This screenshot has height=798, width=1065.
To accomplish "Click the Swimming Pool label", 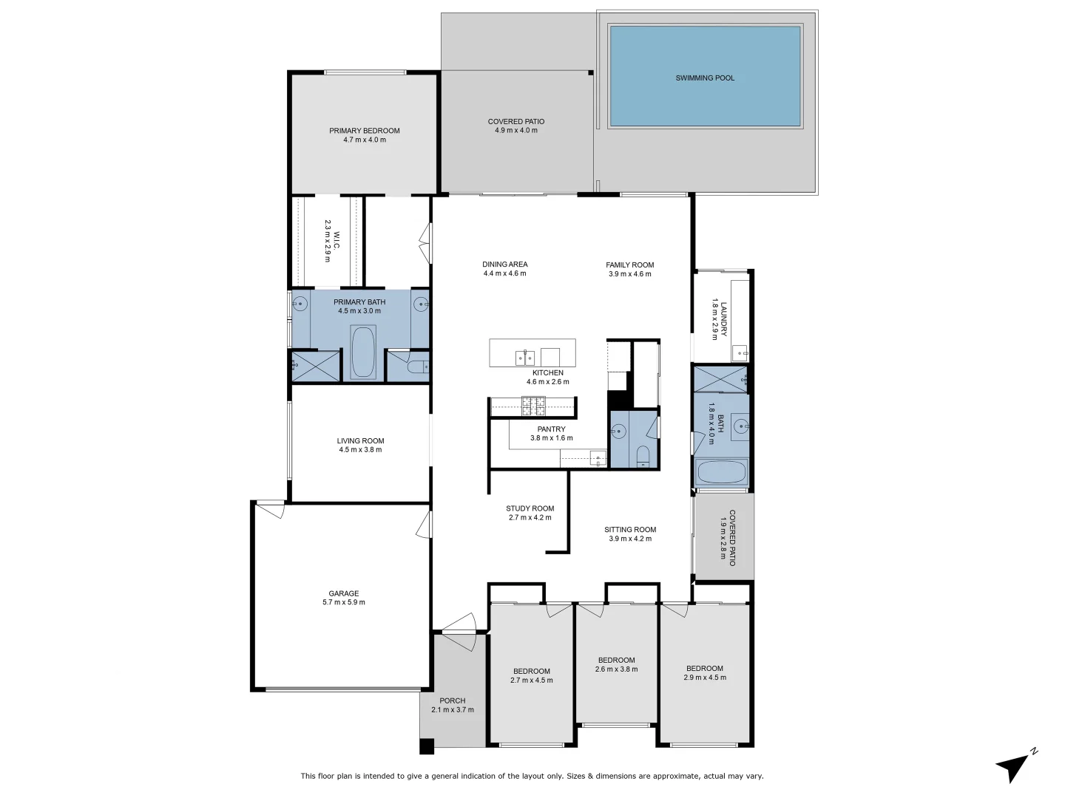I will pos(705,78).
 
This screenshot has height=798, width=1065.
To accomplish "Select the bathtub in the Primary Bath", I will pos(362,352).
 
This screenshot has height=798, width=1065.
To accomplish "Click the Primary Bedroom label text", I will pos(365,131).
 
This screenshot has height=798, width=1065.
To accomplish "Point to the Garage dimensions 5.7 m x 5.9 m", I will pos(344,602).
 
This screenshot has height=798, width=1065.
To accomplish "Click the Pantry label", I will pos(551,429).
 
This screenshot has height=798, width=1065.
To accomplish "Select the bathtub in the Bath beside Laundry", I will pos(721,472).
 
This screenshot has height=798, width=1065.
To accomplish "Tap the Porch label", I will pos(453,700).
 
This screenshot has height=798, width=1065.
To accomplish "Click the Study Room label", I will pos(530,508).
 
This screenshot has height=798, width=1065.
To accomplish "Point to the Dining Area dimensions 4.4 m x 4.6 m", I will pos(505,273).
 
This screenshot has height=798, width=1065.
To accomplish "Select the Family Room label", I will pos(630,265).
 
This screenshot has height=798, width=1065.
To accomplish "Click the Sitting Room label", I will pos(630,529).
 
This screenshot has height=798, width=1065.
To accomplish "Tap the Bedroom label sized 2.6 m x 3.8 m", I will pos(616,660).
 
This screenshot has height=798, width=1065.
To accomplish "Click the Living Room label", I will pos(360,440).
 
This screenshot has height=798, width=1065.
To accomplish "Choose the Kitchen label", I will pos(548,373).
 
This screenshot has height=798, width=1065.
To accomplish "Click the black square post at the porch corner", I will pos(427,746).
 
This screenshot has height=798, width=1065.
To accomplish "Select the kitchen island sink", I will pos(524,358).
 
